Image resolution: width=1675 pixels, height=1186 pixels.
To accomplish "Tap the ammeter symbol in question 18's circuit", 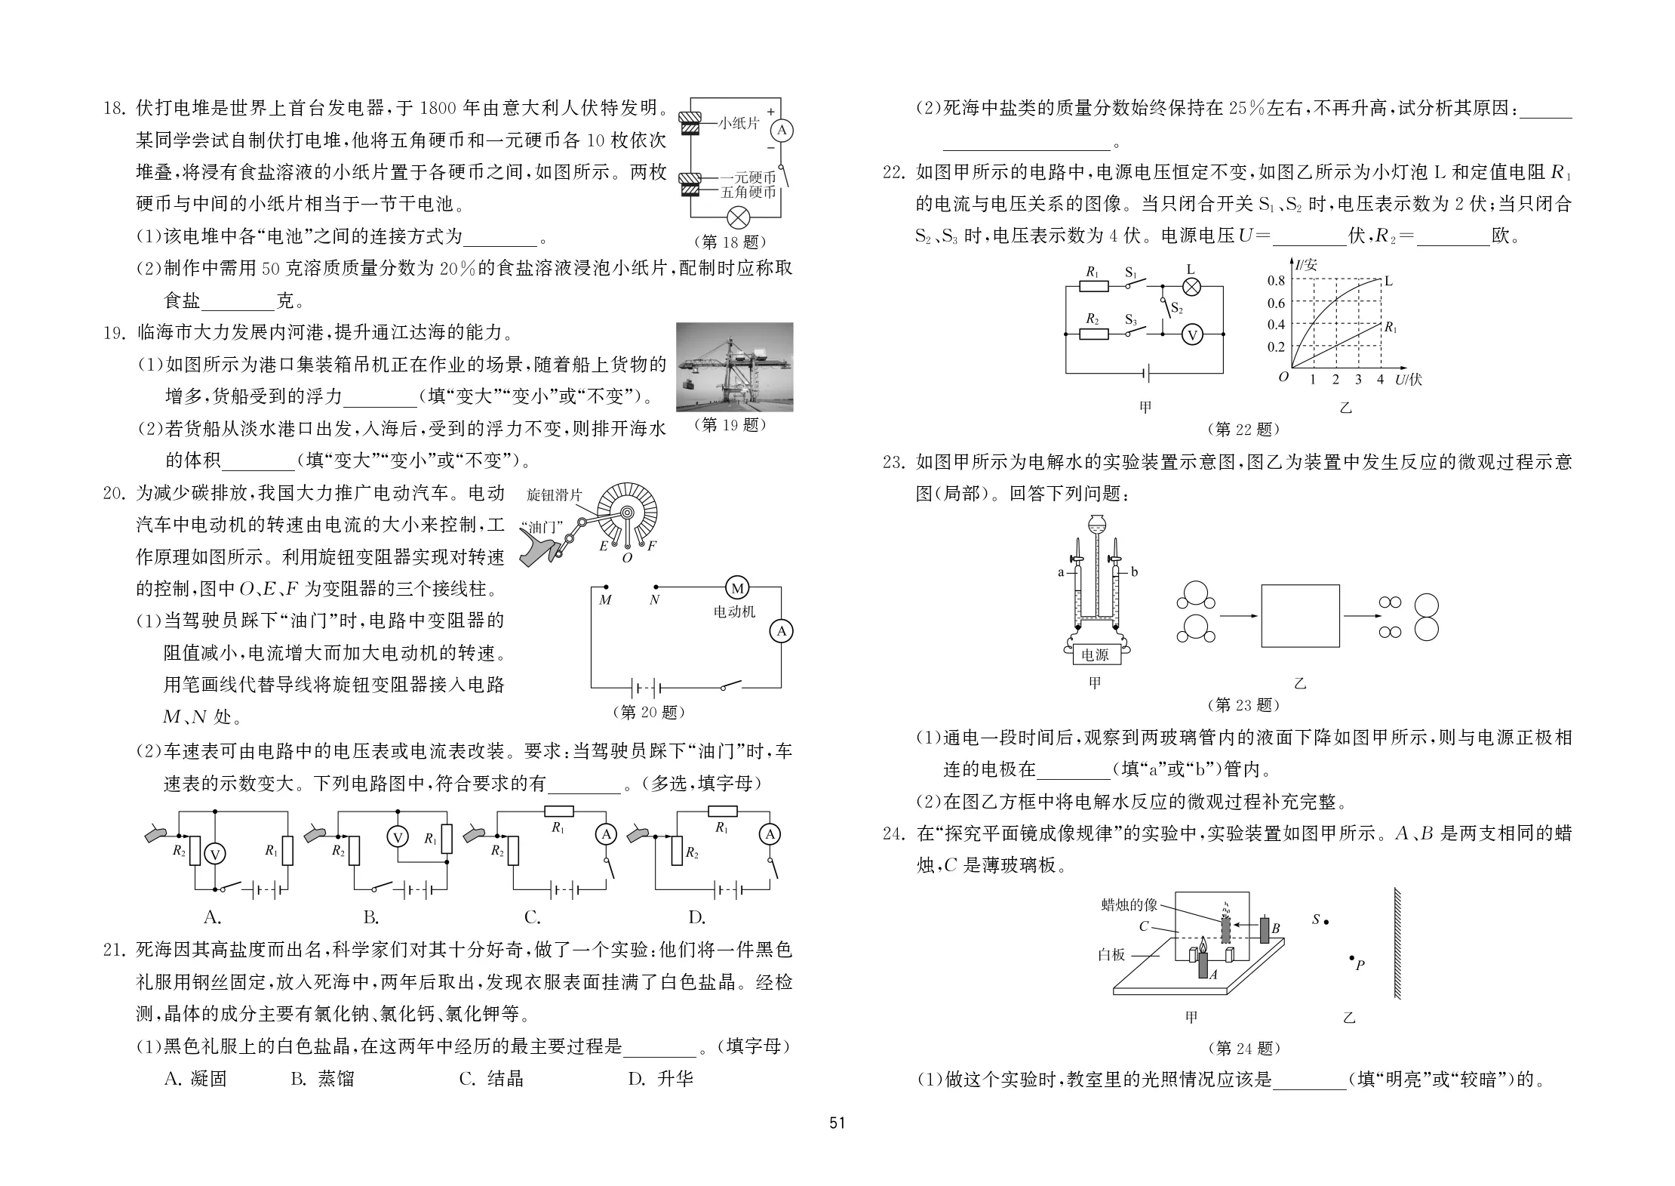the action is click(x=782, y=131).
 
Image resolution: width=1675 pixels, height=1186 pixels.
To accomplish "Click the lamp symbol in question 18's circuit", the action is click(x=737, y=218).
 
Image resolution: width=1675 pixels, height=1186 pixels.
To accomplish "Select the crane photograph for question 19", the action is click(x=735, y=367).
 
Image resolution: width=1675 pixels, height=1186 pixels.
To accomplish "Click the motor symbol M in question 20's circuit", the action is click(x=737, y=588).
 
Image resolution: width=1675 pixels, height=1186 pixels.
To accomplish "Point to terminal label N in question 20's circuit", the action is click(x=654, y=600).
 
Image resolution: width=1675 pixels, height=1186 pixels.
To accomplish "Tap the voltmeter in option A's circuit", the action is click(x=215, y=854).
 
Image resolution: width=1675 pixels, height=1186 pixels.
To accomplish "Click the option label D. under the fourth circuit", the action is click(x=696, y=917).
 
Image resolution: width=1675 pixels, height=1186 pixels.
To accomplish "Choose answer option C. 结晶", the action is click(x=491, y=1079).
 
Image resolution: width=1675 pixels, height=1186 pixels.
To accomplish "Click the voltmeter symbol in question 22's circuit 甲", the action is click(x=1192, y=334).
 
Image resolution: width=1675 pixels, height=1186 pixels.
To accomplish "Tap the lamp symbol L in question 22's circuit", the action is click(x=1191, y=287).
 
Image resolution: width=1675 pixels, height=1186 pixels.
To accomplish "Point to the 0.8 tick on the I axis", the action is click(x=1276, y=281).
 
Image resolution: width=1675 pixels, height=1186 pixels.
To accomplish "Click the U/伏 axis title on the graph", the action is click(x=1409, y=379).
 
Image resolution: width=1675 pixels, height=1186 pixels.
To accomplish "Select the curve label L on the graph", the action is click(x=1389, y=282).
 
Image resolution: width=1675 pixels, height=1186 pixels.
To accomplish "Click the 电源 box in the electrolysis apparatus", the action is click(x=1095, y=655).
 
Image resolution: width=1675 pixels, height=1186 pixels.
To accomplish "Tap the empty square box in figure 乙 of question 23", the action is click(x=1301, y=615).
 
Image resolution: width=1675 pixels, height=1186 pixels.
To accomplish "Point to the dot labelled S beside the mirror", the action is click(x=1326, y=922).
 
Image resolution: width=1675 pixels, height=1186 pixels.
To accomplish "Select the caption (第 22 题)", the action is click(x=1244, y=430).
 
